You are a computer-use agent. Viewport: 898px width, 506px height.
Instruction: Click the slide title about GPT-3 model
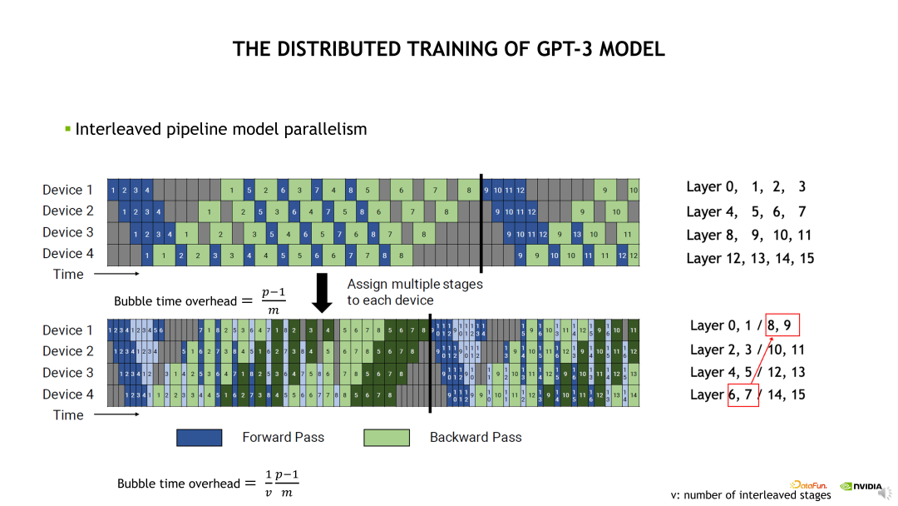449,49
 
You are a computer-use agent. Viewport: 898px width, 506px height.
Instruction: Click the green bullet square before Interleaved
68,129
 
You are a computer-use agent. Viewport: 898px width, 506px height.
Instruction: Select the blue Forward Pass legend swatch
199,437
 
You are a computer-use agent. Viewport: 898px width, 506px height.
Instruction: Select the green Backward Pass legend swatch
387,437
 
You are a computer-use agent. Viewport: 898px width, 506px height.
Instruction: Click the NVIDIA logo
861,486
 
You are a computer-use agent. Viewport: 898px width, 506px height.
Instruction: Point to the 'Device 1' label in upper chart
68,190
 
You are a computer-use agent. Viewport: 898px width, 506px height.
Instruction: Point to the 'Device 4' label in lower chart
68,394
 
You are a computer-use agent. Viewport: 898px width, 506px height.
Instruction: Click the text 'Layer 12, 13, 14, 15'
750,258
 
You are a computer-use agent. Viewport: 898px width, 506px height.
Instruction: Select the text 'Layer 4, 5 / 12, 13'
748,372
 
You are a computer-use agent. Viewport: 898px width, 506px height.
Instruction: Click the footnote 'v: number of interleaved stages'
751,495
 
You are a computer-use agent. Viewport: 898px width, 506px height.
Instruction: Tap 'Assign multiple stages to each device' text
414,292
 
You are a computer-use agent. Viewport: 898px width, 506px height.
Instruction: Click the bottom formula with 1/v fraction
208,484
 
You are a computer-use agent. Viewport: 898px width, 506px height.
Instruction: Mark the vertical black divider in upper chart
481,223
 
